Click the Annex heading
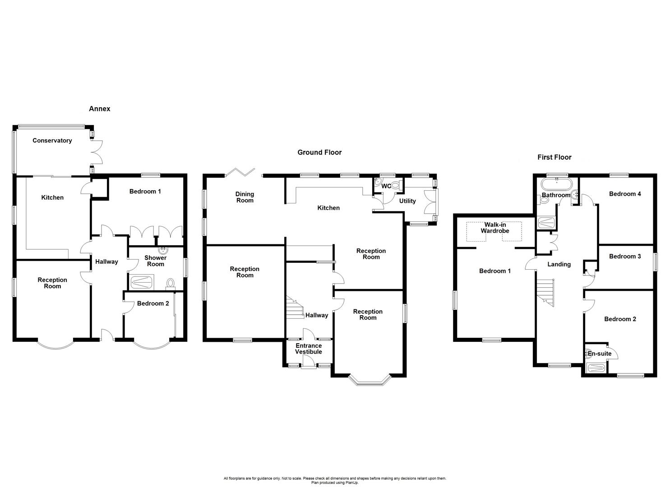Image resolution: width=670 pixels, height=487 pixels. coord(99,109)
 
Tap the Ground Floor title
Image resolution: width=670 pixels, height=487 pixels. coord(319,152)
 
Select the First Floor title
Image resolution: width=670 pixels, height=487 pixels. coord(554,157)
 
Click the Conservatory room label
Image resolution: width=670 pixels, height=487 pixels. coord(52,141)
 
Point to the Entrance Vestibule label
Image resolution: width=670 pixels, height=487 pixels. coord(309,349)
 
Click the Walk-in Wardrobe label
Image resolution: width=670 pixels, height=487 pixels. coord(494,228)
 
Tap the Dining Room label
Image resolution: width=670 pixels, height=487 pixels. coord(245,198)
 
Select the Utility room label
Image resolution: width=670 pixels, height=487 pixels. coord(407,201)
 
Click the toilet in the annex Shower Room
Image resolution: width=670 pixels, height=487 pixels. coord(170,283)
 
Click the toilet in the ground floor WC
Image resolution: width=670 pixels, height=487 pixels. coord(395,185)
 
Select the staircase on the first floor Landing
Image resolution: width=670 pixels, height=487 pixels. coord(545,291)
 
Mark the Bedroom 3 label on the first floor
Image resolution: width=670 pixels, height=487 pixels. coord(624,257)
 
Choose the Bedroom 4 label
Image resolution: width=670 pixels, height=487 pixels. coord(624,194)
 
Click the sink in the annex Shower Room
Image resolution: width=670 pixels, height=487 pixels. coord(161,250)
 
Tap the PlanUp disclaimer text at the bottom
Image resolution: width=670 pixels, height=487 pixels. coord(335,480)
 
